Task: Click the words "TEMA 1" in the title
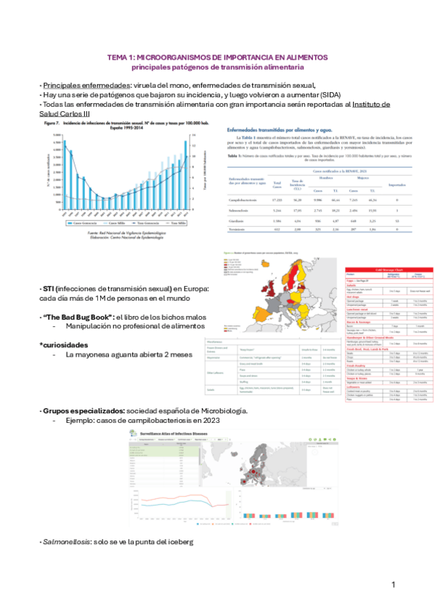[x=120, y=57]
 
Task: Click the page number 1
[x=393, y=585]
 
